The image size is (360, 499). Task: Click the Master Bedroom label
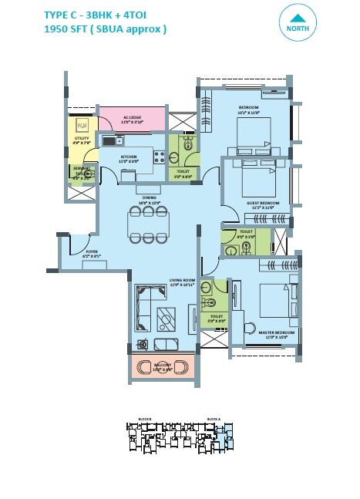(271, 333)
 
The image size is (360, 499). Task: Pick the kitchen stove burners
(159, 157)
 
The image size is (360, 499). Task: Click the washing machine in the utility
(82, 123)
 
